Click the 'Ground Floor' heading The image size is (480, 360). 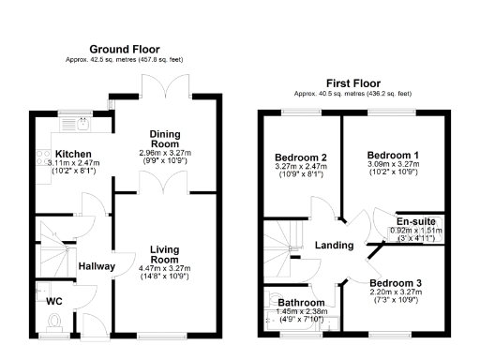click(125, 49)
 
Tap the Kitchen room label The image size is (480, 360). click(71, 154)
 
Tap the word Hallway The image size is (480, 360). click(97, 266)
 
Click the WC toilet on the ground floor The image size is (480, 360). click(53, 323)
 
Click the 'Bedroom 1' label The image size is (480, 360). click(393, 154)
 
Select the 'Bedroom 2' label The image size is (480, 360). click(300, 157)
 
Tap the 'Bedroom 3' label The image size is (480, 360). click(395, 282)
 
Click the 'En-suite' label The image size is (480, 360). click(412, 222)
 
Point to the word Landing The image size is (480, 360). click(335, 246)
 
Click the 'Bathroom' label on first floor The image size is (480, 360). click(300, 303)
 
